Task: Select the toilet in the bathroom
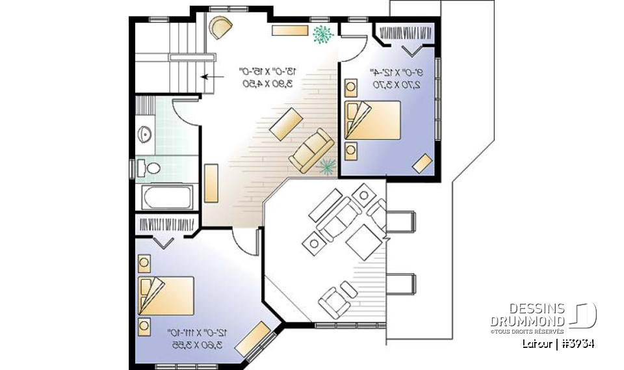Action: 151,168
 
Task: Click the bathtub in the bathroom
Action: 167,198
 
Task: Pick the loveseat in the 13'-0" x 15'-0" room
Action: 311,151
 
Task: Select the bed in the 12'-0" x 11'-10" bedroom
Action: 166,296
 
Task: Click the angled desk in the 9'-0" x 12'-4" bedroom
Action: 424,163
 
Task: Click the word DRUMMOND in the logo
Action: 528,321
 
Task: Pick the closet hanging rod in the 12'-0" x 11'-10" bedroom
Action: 166,224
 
